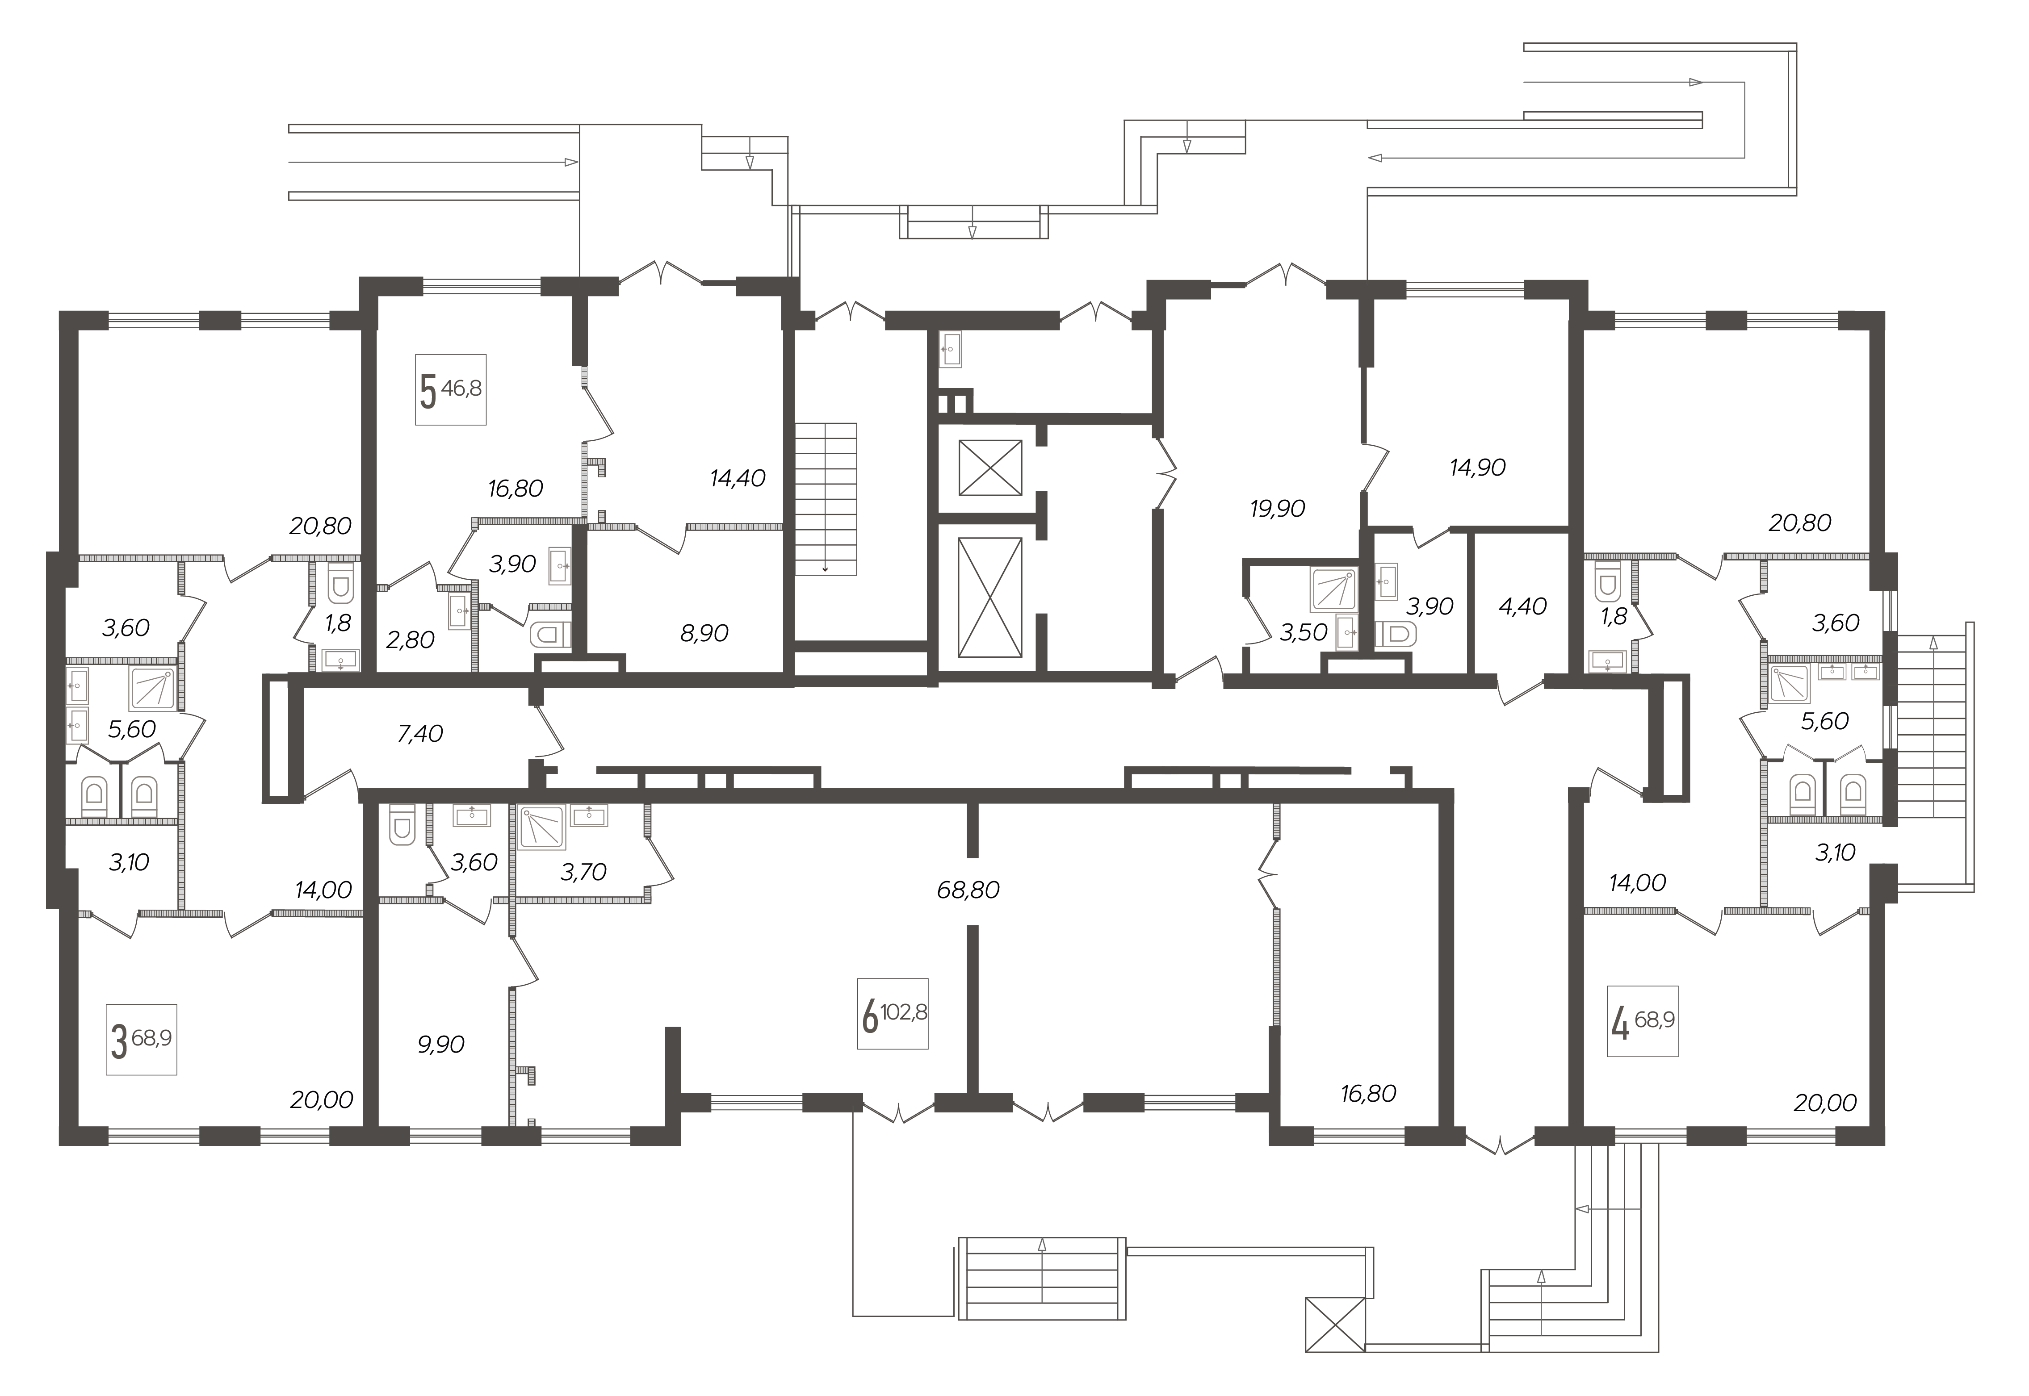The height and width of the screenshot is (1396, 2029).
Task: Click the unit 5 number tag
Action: [451, 390]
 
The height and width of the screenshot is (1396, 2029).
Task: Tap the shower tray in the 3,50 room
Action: [1333, 589]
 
